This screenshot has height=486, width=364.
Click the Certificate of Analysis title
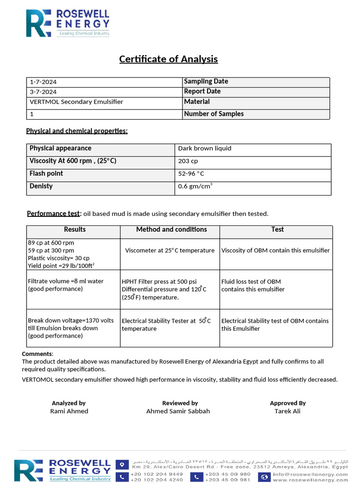168,59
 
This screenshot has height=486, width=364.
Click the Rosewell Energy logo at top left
68,23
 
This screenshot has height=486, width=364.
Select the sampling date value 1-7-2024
43,82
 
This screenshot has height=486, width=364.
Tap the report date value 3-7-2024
43,92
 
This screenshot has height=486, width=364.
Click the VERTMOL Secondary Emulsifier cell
76,102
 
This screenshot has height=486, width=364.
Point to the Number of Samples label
214,114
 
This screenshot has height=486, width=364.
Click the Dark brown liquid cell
205,149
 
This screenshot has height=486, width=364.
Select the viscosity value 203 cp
188,161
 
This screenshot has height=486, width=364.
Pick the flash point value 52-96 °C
191,174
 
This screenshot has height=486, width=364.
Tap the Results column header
75,230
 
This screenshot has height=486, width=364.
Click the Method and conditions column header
172,230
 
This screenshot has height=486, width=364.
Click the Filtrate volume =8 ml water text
65,281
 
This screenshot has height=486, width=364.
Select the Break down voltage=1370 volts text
71,321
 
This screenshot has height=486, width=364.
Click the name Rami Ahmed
69,411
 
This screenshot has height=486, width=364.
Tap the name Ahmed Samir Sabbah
178,411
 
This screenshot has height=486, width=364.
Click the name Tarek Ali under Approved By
287,411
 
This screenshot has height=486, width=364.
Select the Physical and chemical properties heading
77,131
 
